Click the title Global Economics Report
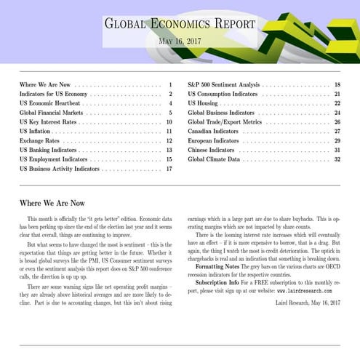(x=180, y=24)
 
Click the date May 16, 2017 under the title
(x=180, y=42)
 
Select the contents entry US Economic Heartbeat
(x=50, y=103)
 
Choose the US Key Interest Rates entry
(x=48, y=122)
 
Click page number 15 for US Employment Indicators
(x=168, y=159)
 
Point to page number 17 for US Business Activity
(x=168, y=168)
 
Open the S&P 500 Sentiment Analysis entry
(x=223, y=85)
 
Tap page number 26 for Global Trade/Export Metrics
(x=337, y=122)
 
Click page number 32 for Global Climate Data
(x=337, y=159)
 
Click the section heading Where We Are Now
(x=52, y=203)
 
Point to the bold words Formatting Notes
(x=219, y=266)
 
